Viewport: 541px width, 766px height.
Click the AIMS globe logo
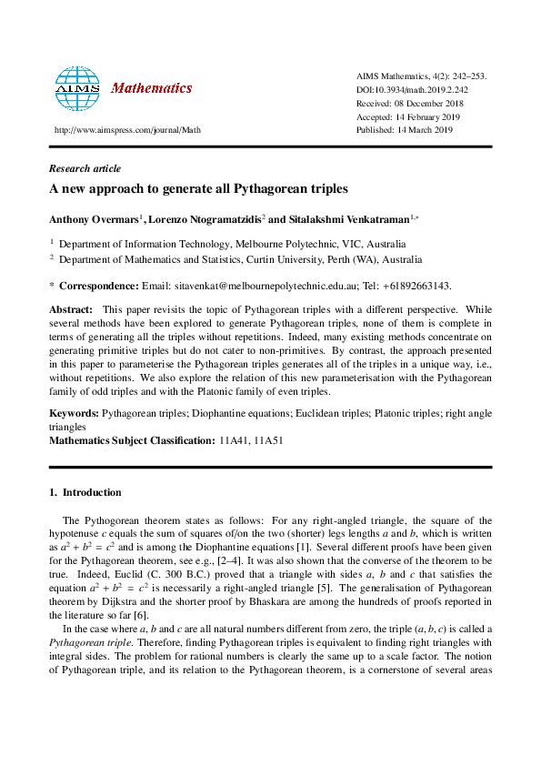click(x=76, y=88)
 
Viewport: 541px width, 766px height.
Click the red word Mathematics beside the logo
click(x=151, y=89)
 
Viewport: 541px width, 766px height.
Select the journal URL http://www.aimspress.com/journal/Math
click(x=128, y=130)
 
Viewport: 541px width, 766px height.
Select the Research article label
click(x=85, y=168)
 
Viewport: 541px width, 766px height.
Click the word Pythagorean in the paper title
click(x=250, y=190)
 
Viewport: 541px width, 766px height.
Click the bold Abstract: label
click(x=71, y=309)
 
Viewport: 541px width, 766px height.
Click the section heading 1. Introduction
click(x=84, y=492)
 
